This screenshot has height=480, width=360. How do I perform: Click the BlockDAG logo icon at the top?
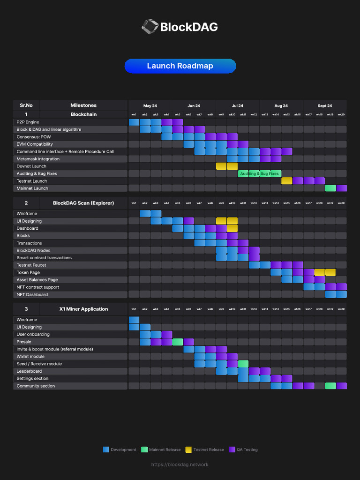pyautogui.click(x=150, y=26)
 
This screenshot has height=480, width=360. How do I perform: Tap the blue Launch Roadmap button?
pyautogui.click(x=180, y=66)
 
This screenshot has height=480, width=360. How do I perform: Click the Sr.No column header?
pyautogui.click(x=26, y=105)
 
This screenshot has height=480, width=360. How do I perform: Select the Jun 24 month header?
pyautogui.click(x=194, y=105)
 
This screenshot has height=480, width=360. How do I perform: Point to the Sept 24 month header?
pyautogui.click(x=325, y=105)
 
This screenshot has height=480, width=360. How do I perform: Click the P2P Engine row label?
pyautogui.click(x=28, y=122)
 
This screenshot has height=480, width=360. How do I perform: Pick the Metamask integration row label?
pyautogui.click(x=38, y=159)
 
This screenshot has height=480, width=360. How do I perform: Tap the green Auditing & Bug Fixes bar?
pyautogui.click(x=259, y=173)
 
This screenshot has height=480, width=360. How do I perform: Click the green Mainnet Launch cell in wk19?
pyautogui.click(x=330, y=188)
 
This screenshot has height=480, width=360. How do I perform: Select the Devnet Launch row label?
pyautogui.click(x=31, y=166)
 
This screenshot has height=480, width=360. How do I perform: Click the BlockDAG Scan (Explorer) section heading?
pyautogui.click(x=83, y=203)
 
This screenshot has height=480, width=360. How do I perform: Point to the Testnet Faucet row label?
pyautogui.click(x=31, y=265)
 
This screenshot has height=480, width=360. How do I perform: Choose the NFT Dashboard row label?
pyautogui.click(x=32, y=295)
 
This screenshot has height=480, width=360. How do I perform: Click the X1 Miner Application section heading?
pyautogui.click(x=83, y=309)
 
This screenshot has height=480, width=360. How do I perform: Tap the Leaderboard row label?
pyautogui.click(x=29, y=371)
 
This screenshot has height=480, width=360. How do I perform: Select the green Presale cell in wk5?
pyautogui.click(x=178, y=342)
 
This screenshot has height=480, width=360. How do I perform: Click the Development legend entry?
pyautogui.click(x=120, y=450)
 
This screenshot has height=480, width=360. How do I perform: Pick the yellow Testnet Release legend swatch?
pyautogui.click(x=189, y=450)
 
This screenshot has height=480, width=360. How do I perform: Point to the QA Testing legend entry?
pyautogui.click(x=243, y=450)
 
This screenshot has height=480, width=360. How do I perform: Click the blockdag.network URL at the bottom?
pyautogui.click(x=180, y=465)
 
